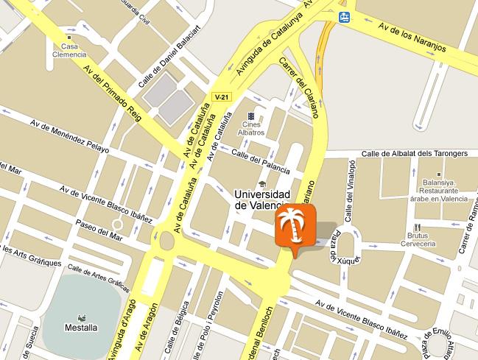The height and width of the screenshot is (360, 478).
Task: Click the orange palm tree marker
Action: click(x=295, y=227)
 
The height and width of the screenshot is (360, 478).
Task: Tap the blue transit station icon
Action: click(x=344, y=16)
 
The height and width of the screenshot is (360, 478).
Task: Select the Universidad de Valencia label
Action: click(x=261, y=200)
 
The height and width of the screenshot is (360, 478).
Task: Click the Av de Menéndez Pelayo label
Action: click(x=69, y=137)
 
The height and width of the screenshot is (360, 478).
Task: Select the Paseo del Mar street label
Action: click(x=97, y=228)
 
